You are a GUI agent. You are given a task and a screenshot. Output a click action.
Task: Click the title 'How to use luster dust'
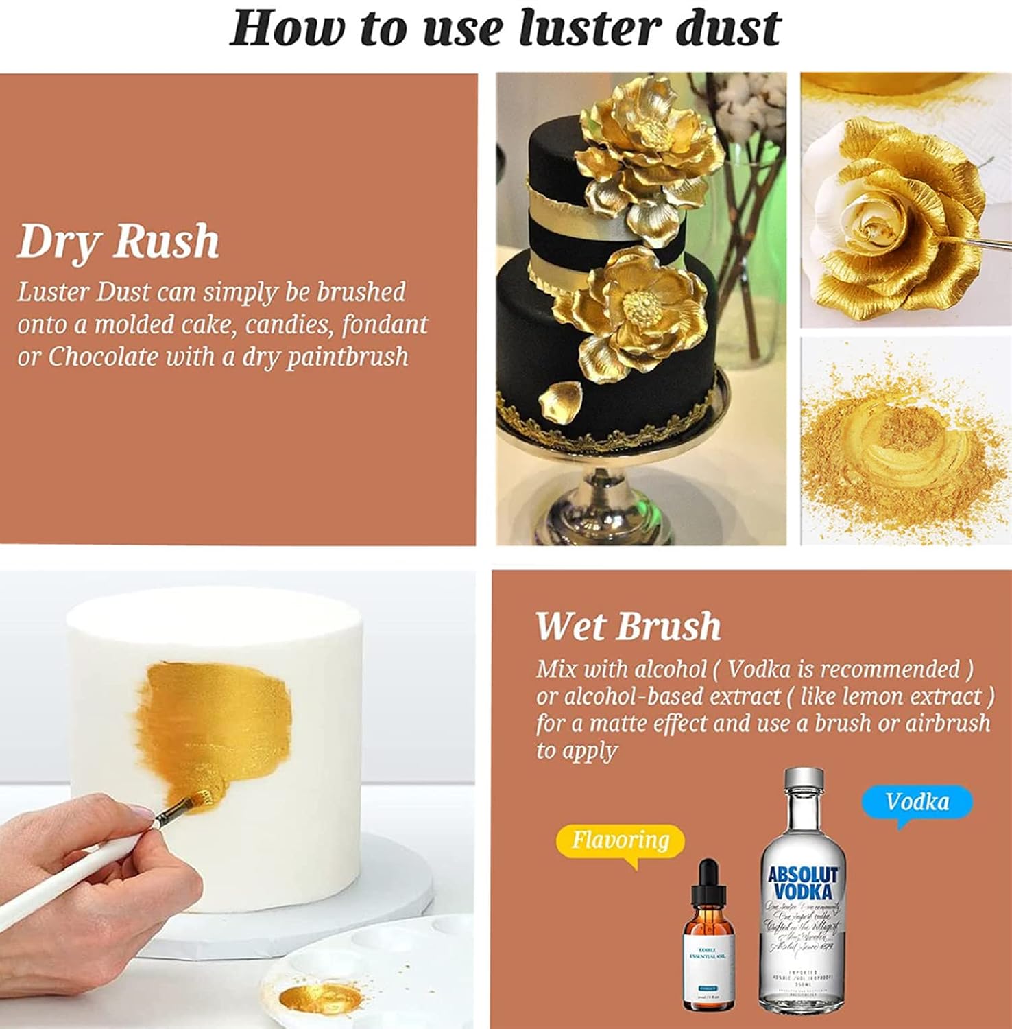point(505,29)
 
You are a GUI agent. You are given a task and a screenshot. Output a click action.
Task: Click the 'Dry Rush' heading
point(118,241)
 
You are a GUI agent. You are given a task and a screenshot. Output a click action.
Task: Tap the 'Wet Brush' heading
point(627,626)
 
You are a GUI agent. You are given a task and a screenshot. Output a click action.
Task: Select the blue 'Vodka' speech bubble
point(917,802)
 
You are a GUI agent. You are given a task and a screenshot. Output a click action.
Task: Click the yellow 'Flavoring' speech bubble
point(620,840)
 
